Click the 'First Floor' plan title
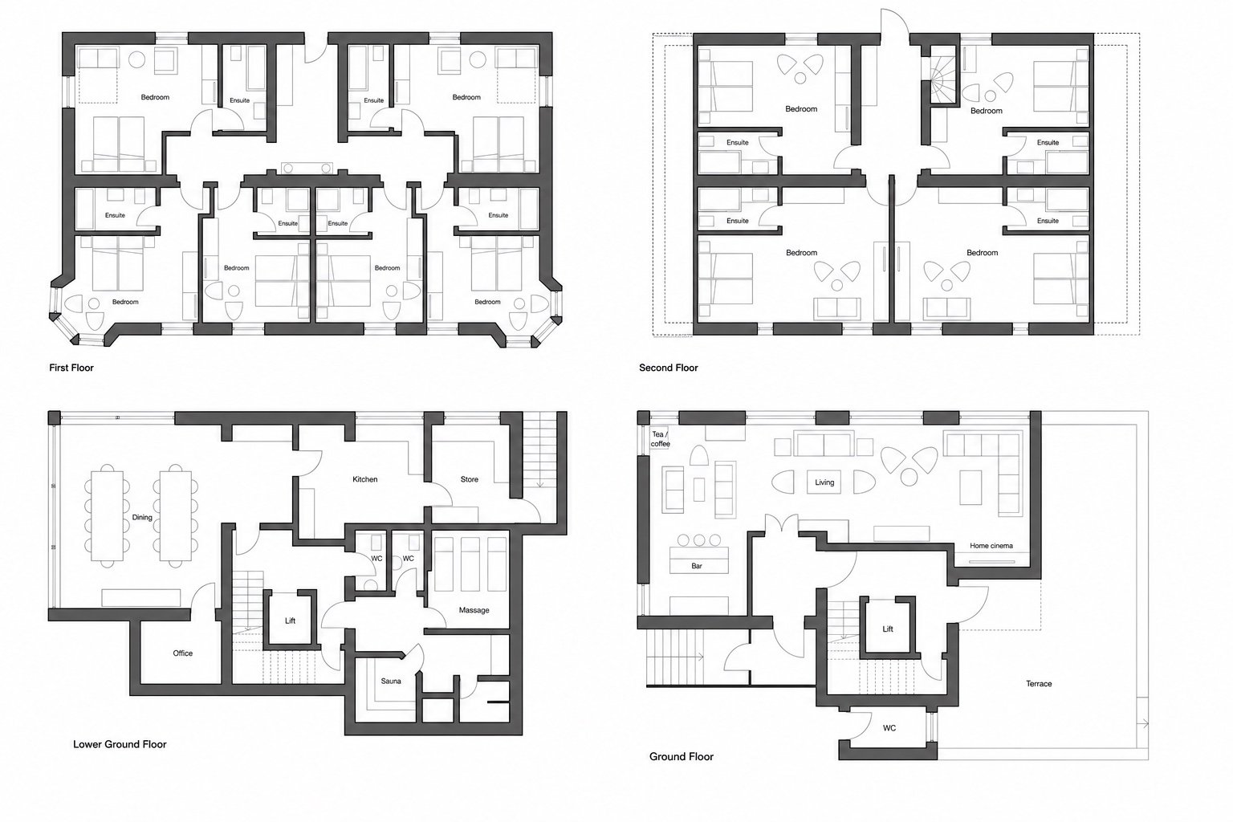point(71,368)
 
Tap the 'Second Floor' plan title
point(668,368)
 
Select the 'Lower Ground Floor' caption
point(120,744)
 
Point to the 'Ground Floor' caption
point(682,756)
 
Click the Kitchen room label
point(365,479)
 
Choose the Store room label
point(470,479)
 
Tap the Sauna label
point(391,681)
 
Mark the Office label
point(183,653)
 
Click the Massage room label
point(474,610)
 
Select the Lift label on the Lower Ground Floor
point(290,621)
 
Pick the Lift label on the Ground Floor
point(888,629)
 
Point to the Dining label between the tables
point(142,518)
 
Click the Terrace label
point(1039,684)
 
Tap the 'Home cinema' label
point(991,546)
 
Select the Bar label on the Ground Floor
point(697,566)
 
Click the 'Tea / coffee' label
point(660,439)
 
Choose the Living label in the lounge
point(824,482)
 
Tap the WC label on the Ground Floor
point(889,728)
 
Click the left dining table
point(107,515)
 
